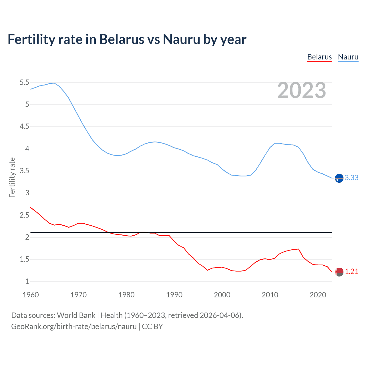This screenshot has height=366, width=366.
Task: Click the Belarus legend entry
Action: (x=319, y=57)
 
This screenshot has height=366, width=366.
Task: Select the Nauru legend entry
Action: (x=348, y=57)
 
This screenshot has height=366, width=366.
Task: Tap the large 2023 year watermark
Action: (x=302, y=90)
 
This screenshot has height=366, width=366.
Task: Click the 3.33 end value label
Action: (x=351, y=178)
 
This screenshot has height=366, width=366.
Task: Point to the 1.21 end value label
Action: (x=351, y=271)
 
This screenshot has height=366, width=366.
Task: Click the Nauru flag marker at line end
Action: (x=339, y=178)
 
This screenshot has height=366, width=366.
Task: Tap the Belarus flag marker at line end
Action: (x=339, y=272)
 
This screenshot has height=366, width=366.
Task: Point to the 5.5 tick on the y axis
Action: (x=24, y=83)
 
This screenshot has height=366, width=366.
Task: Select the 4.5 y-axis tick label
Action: (x=24, y=127)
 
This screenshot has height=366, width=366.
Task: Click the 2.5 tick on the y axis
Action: (x=24, y=215)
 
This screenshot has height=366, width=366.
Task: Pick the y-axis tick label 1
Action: (x=27, y=281)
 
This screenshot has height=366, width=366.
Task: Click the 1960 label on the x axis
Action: (x=31, y=295)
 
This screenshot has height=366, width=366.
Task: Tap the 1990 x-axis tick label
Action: (x=174, y=295)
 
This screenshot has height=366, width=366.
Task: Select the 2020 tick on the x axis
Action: (x=318, y=295)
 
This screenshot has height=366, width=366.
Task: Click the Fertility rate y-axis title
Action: (x=12, y=177)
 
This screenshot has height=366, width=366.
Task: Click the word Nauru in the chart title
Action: (x=181, y=39)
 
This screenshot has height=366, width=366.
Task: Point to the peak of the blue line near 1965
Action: (x=54, y=83)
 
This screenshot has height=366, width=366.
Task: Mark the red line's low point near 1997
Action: (x=208, y=270)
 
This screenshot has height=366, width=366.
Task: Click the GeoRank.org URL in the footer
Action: (x=74, y=326)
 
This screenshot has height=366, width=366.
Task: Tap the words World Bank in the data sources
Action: (x=76, y=315)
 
